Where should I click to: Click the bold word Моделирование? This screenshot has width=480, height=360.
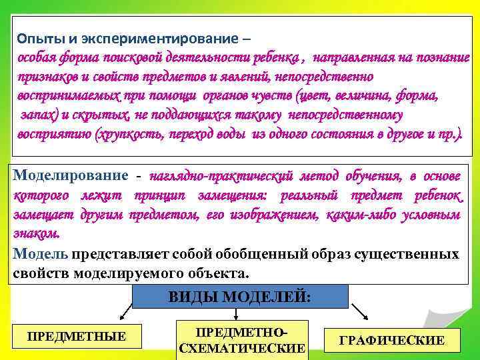(x=70, y=175)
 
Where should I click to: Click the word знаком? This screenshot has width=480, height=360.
(x=36, y=234)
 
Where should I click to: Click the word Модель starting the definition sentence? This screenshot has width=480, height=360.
(x=39, y=254)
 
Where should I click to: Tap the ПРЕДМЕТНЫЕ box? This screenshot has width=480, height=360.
(x=77, y=336)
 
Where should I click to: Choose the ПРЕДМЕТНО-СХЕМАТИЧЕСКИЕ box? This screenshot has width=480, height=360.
(x=243, y=340)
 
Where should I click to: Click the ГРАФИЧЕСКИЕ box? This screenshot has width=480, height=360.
(x=392, y=340)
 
